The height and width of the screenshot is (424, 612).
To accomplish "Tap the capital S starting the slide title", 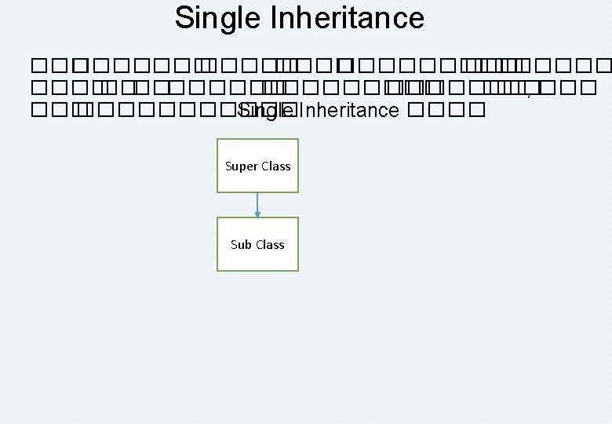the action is tap(184, 18).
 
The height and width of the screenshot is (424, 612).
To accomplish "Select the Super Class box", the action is tap(257, 166).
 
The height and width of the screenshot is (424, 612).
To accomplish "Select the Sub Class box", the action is tap(257, 244).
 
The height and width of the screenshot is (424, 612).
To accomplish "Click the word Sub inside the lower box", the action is tap(240, 244).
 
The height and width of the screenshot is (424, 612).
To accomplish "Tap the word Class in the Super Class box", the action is tap(275, 166).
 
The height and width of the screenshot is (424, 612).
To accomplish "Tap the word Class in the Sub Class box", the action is tap(269, 244).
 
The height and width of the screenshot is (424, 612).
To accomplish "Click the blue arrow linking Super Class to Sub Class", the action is tap(257, 203).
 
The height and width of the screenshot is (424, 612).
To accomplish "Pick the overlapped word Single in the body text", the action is tap(265, 110).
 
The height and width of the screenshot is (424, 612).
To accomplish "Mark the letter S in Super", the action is tap(228, 166).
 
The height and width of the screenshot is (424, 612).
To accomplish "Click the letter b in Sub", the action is tap(247, 244).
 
